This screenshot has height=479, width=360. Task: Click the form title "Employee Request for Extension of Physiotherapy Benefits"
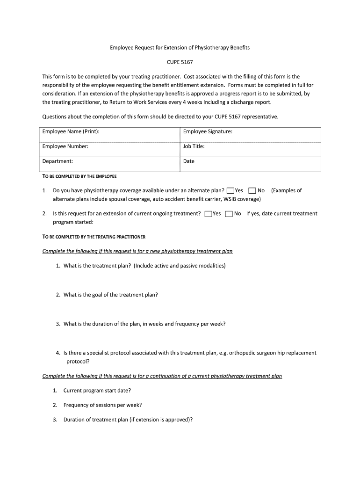180,48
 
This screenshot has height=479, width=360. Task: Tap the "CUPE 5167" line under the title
180,62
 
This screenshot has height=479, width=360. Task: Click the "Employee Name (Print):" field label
71,131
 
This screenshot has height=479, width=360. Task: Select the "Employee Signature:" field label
208,131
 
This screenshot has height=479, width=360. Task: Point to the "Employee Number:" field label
65,146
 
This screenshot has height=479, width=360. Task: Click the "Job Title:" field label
194,146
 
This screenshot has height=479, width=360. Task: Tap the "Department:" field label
58,161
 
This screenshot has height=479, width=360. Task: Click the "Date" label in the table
189,161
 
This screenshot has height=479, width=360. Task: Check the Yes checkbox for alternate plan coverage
230,191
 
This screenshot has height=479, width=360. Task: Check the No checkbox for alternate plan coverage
252,191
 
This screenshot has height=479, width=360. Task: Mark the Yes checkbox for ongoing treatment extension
208,214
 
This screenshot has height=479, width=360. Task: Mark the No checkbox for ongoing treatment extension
229,214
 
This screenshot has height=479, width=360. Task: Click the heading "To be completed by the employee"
79,177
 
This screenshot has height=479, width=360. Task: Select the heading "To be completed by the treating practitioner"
94,237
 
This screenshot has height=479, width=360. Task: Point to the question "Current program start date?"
97,391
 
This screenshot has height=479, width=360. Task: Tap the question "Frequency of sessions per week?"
102,405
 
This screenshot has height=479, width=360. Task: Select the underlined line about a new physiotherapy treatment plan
137,251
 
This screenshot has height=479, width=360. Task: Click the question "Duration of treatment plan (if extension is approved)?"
128,420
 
